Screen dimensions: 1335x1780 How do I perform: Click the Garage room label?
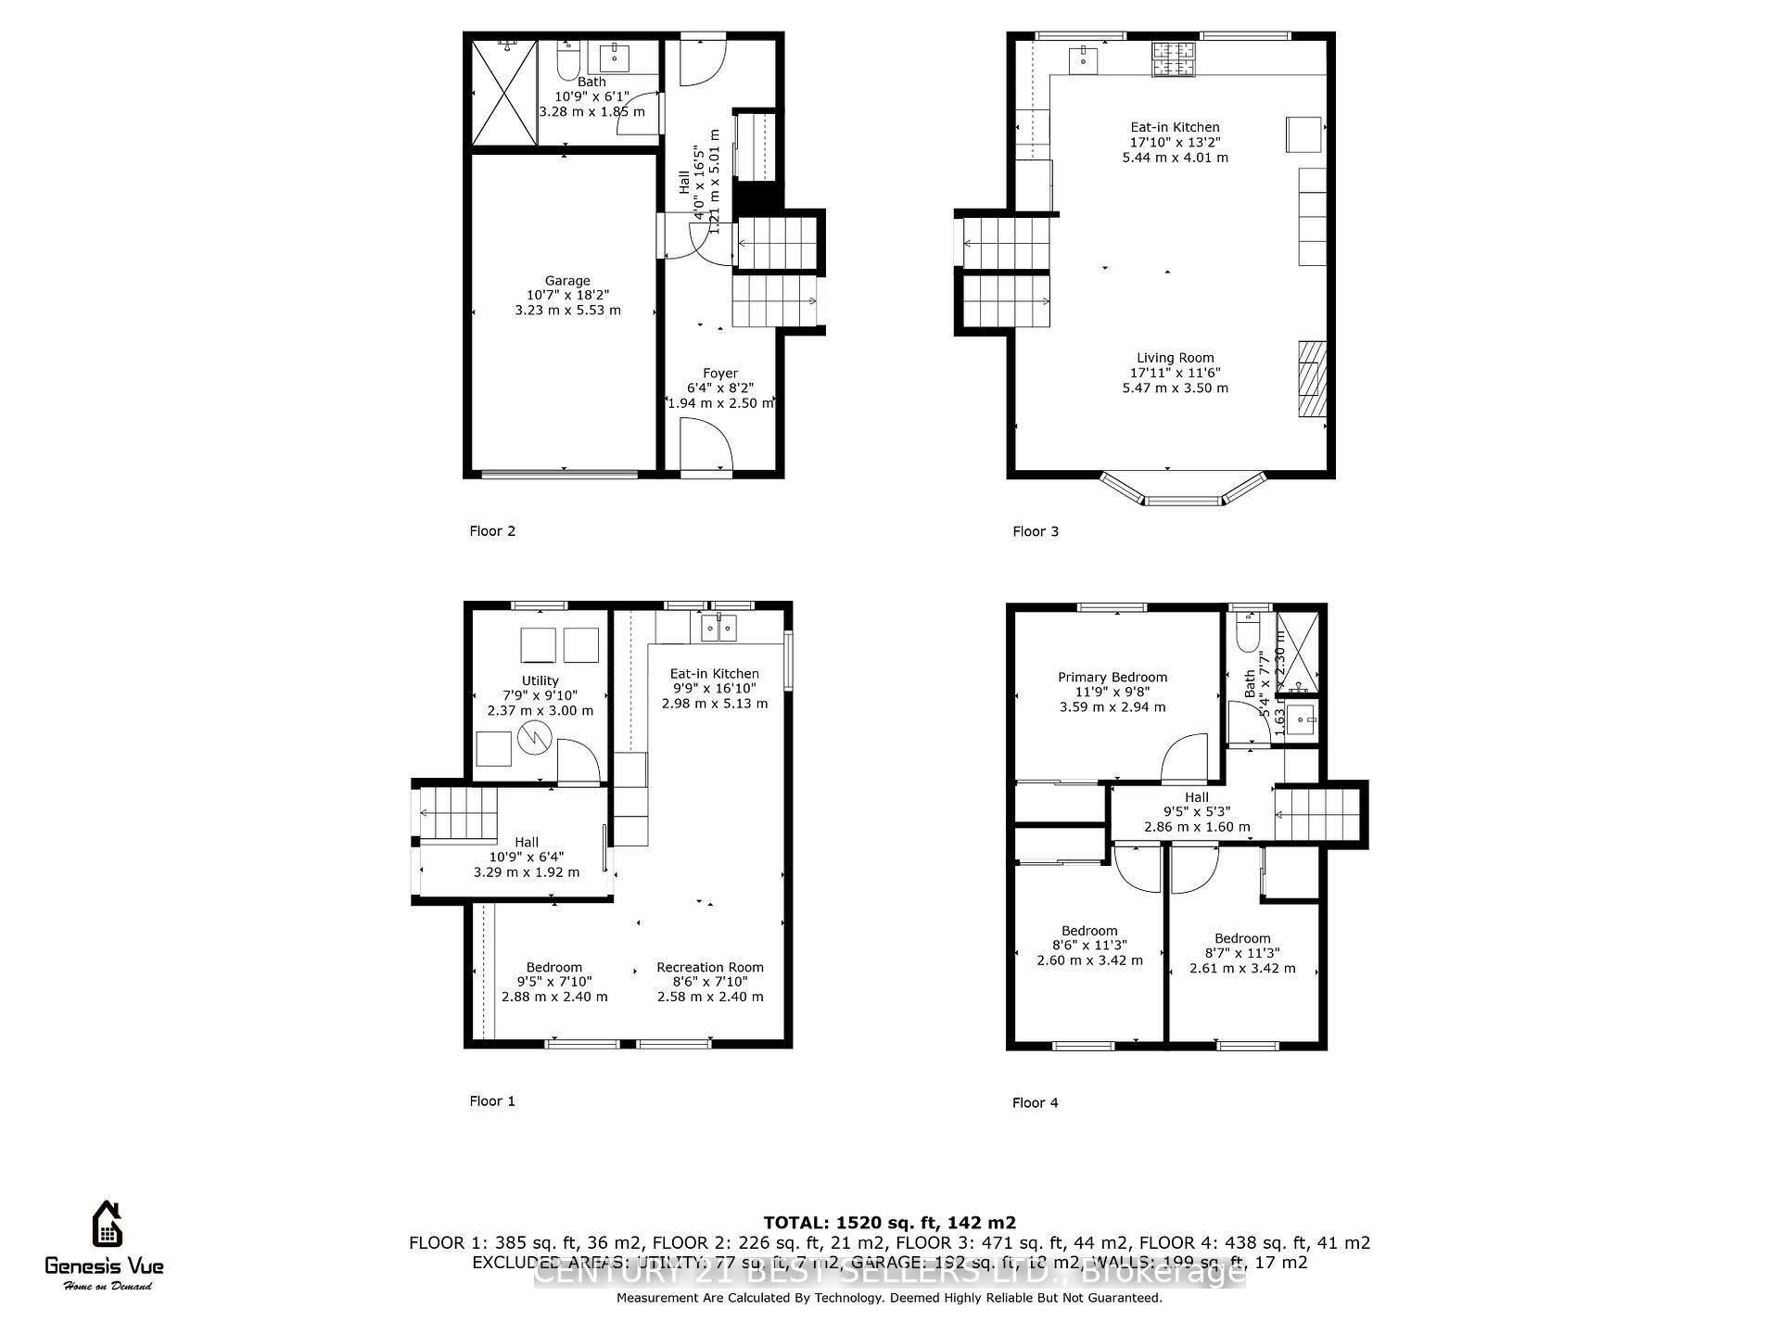566,281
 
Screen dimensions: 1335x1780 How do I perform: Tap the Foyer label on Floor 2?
719,374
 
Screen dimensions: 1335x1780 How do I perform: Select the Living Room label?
1175,358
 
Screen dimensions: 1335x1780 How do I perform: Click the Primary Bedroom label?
1112,678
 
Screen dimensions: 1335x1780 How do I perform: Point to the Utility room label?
540,680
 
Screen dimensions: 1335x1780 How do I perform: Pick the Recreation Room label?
710,967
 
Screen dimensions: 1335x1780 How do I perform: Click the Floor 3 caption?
1035,531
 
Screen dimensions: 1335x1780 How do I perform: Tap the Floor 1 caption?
491,1101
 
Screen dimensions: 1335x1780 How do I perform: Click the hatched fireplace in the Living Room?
1311,380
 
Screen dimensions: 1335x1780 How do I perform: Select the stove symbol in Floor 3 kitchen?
1173,59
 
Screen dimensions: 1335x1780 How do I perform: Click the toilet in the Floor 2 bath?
567,61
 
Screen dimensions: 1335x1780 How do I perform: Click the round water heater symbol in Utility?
535,738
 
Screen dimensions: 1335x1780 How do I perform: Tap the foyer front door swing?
705,447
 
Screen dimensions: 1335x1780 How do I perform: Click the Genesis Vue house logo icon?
107,1225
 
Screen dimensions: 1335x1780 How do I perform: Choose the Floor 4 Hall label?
1196,797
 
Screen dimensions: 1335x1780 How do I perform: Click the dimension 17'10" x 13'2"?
1175,143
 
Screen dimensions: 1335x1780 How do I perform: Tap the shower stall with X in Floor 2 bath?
504,92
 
